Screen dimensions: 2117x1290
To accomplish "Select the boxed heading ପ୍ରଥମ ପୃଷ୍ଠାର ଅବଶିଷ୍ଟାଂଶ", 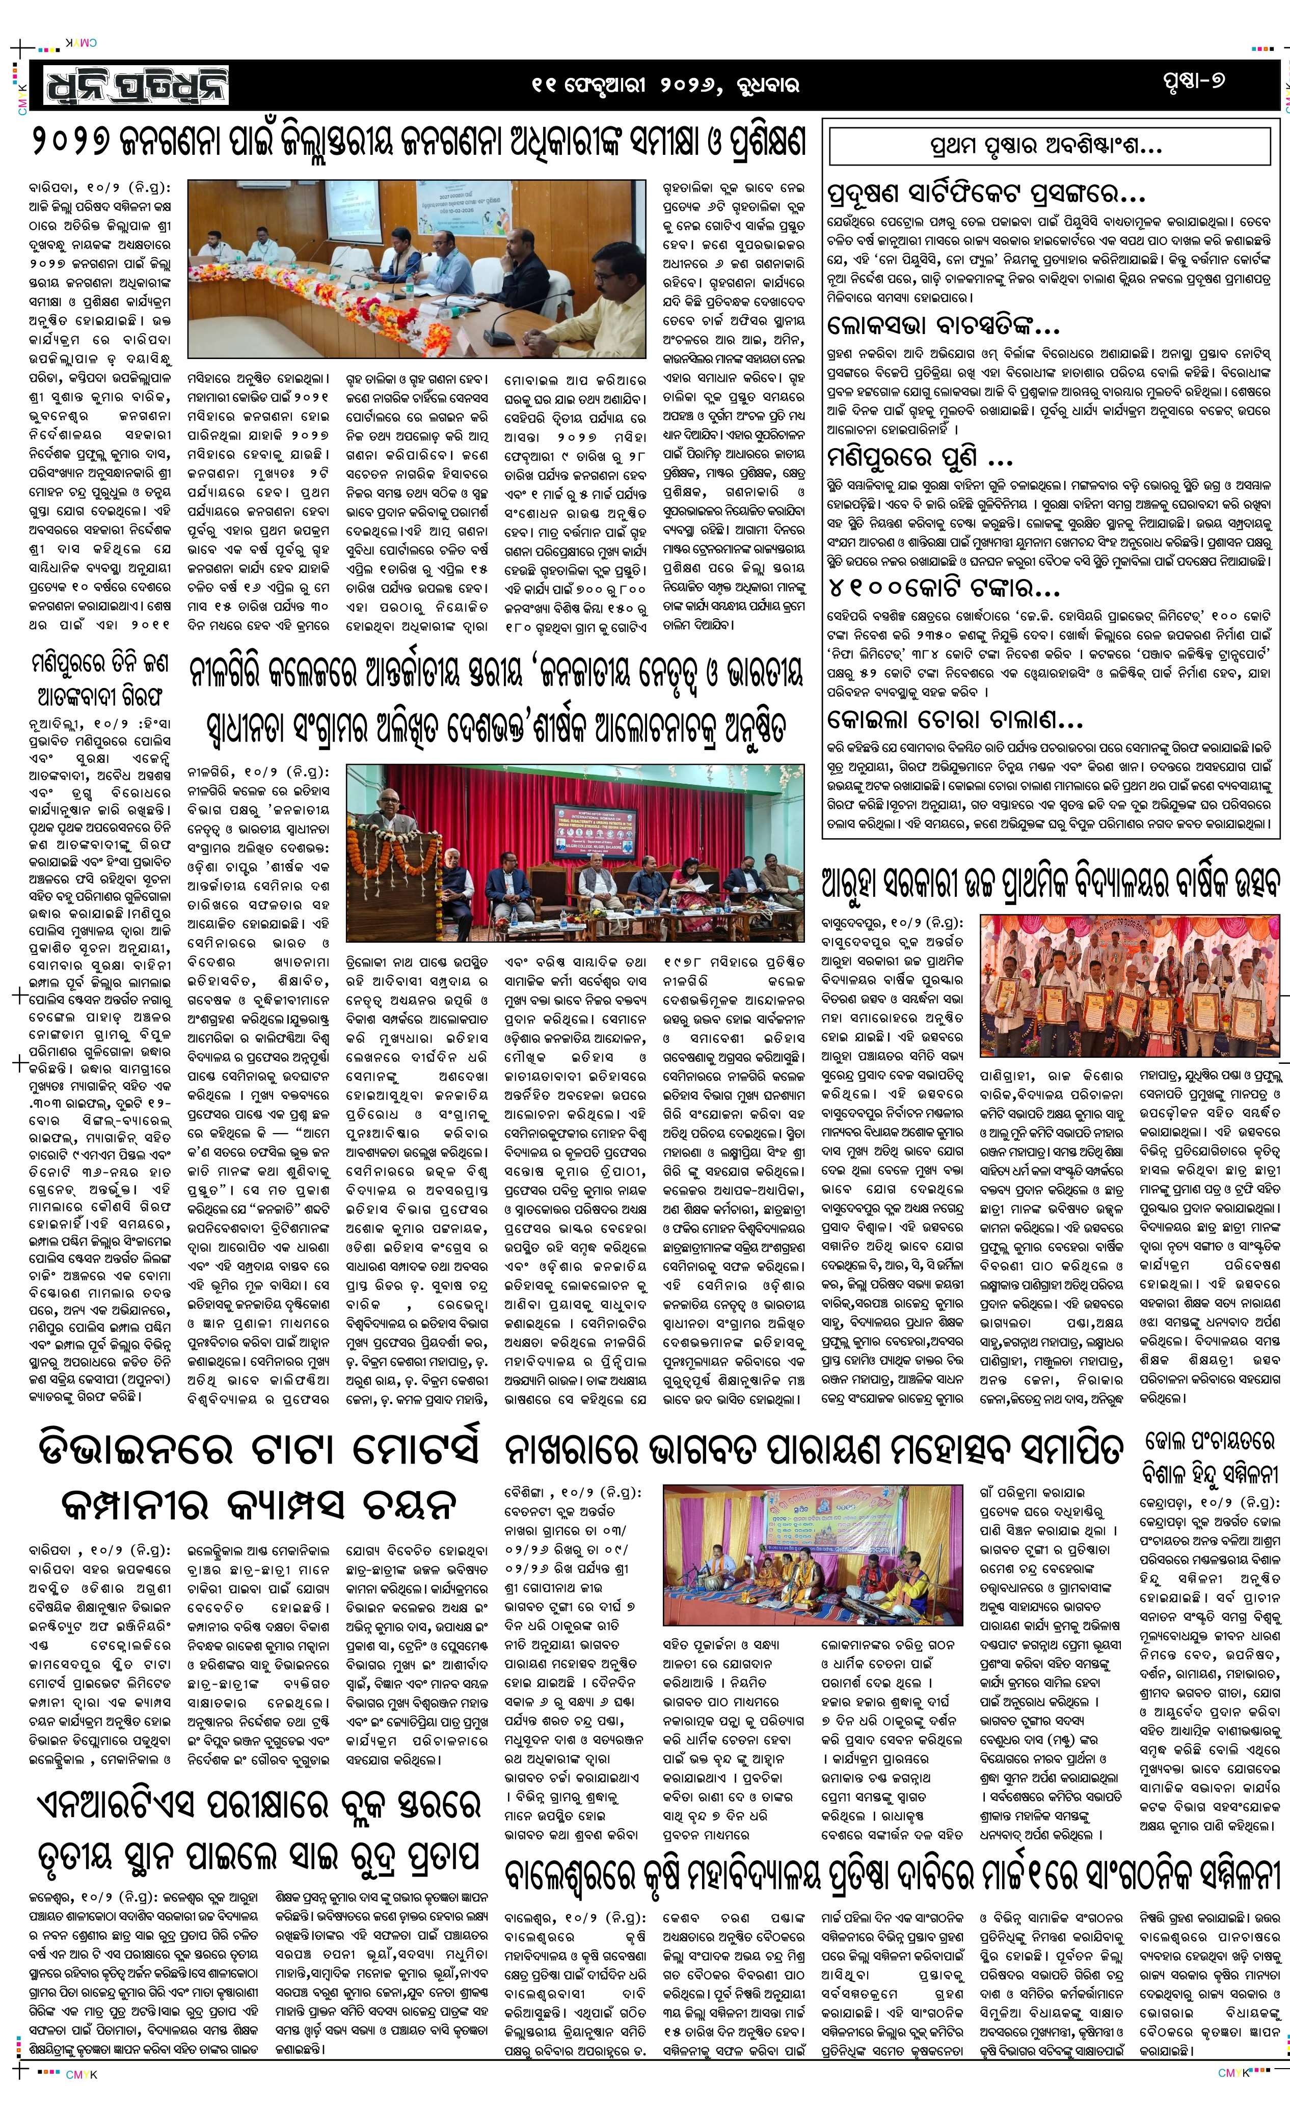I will click(x=1049, y=146).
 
